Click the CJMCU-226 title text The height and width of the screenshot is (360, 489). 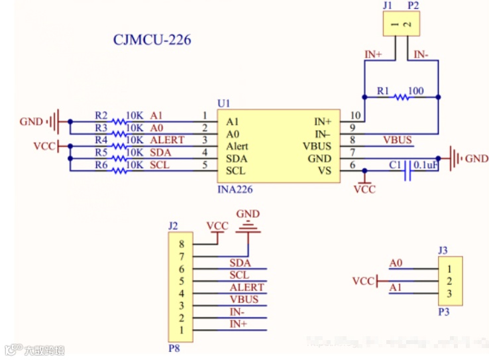pyautogui.click(x=152, y=40)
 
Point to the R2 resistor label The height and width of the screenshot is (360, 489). pyautogui.click(x=101, y=115)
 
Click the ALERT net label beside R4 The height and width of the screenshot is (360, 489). pyautogui.click(x=167, y=140)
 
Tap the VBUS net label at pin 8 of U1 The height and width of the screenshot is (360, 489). pyautogui.click(x=398, y=140)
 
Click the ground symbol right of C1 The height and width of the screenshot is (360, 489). pyautogui.click(x=455, y=158)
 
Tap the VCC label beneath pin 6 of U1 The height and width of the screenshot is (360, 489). pyautogui.click(x=364, y=190)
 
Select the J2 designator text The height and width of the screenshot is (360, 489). pyautogui.click(x=173, y=225)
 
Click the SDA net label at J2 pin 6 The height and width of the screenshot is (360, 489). pyautogui.click(x=239, y=263)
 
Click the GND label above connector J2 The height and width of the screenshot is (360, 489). pyautogui.click(x=248, y=214)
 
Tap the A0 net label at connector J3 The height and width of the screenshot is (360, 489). pyautogui.click(x=396, y=263)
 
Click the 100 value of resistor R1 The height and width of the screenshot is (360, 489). pyautogui.click(x=416, y=90)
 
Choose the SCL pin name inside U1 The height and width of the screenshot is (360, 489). pyautogui.click(x=236, y=170)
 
